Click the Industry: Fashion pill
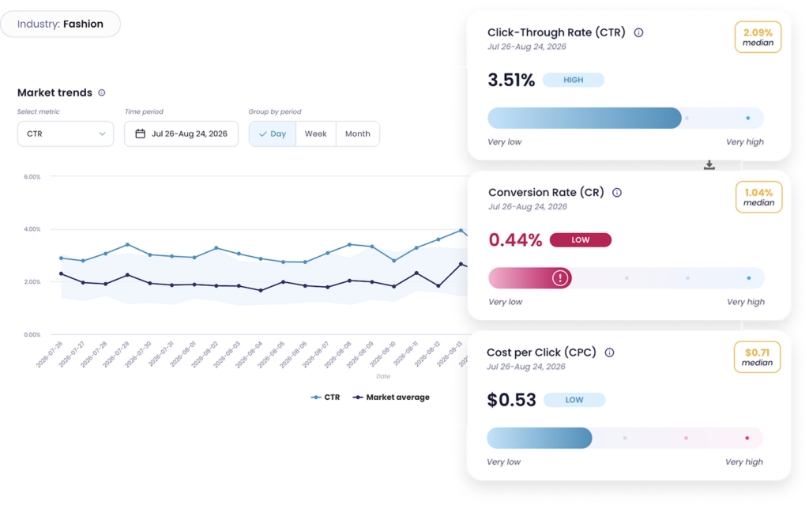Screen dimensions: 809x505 point(60,24)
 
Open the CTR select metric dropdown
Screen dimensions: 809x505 point(66,134)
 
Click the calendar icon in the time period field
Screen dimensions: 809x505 point(140,134)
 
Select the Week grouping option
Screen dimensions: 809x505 point(316,134)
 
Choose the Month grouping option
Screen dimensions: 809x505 point(358,134)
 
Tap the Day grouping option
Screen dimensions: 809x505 point(273,134)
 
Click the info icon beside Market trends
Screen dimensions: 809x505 point(102,93)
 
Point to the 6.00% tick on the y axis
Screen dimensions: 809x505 point(32,176)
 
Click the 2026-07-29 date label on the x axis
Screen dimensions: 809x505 point(115,354)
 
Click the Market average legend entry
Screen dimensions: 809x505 point(391,397)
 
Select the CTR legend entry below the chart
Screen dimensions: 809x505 point(325,397)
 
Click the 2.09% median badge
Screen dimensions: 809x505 point(758,37)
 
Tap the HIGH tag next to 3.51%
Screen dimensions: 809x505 point(574,80)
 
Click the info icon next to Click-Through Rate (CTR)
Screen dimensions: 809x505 point(638,32)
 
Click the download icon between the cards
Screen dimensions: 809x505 point(709,164)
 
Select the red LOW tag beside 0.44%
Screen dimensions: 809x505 point(581,240)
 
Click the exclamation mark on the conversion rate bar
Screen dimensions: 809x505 point(560,278)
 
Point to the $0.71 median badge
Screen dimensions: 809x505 point(758,357)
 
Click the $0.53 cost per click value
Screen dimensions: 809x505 point(511,400)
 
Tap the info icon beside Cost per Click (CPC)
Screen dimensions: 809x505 point(609,352)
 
